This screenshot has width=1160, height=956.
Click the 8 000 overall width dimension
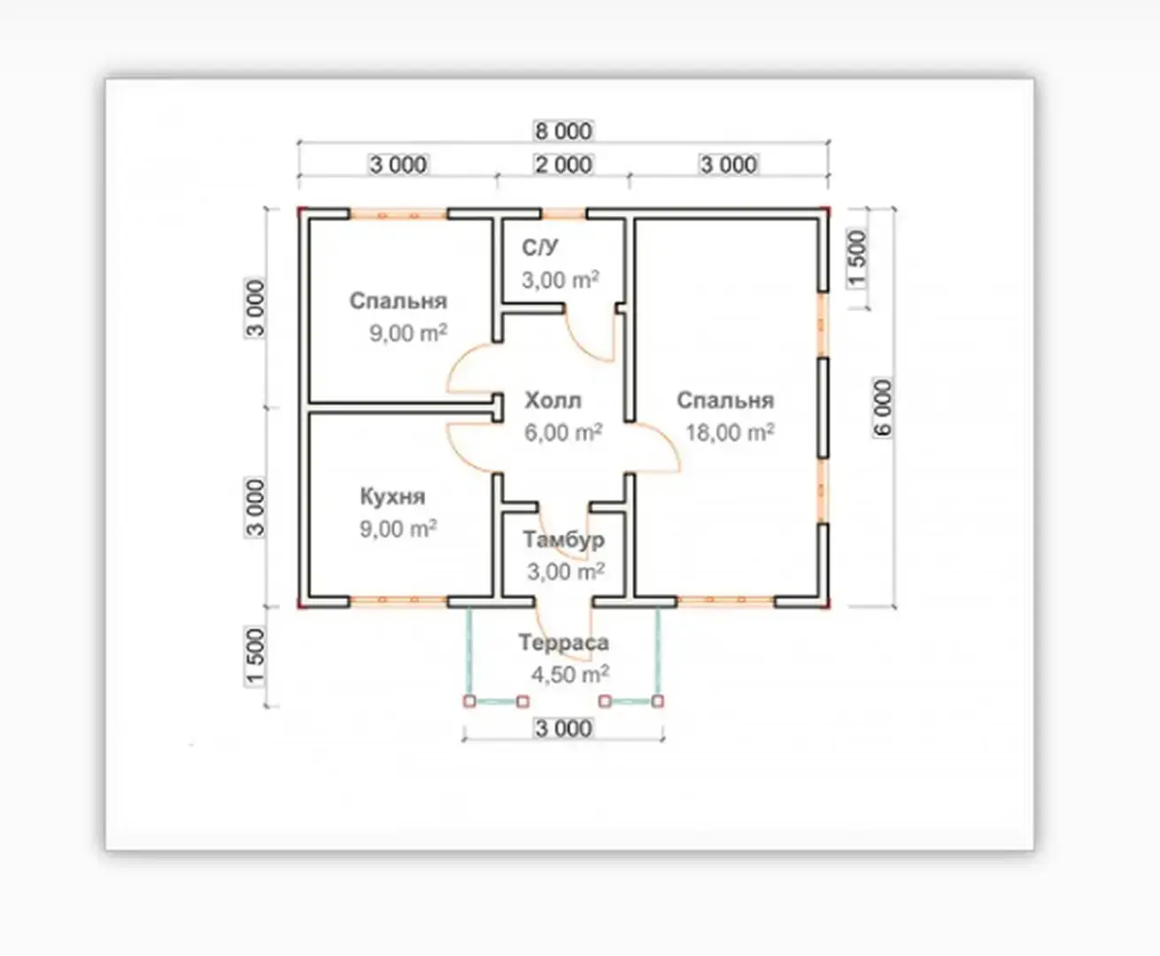[x=563, y=131]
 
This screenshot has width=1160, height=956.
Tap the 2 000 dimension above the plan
[x=563, y=165]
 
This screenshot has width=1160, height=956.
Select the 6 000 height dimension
[x=883, y=408]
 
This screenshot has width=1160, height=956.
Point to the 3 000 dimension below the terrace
[x=563, y=729]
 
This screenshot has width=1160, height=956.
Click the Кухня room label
[x=392, y=497]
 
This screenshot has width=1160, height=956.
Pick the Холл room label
[x=553, y=401]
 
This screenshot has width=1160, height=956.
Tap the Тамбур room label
[x=563, y=539]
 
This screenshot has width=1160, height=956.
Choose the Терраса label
[x=563, y=643]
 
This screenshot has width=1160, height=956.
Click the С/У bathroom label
[x=540, y=247]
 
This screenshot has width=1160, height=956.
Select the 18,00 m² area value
[x=730, y=433]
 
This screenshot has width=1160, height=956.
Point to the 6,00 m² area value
[x=563, y=433]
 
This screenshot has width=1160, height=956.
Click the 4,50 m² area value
[x=569, y=675]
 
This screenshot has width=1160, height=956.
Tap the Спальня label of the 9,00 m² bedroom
[x=398, y=301]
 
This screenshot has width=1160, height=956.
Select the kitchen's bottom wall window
[x=398, y=601]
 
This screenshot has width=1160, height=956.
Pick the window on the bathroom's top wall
[x=564, y=213]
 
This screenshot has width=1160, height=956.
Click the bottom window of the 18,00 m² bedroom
[x=726, y=601]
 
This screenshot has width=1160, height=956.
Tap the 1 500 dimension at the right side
[x=857, y=259]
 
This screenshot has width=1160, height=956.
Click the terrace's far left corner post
[x=469, y=701]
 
